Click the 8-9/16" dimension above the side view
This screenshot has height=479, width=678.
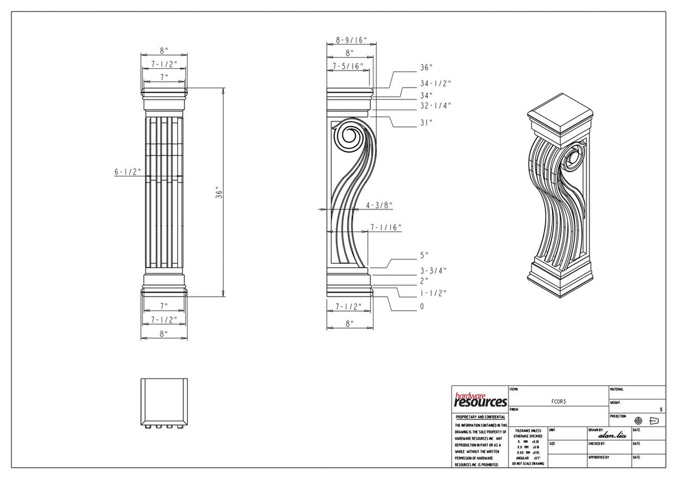point(351,40)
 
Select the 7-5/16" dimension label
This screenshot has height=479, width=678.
point(347,66)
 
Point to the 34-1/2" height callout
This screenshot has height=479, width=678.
point(435,83)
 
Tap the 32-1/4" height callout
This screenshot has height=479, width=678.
point(435,106)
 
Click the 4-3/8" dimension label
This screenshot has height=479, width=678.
point(379,205)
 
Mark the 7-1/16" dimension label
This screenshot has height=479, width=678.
point(385,228)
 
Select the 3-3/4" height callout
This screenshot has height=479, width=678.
point(433,270)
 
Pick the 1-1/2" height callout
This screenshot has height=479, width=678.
point(433,293)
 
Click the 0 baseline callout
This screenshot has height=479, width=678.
point(421,307)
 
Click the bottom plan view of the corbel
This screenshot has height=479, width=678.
point(163,401)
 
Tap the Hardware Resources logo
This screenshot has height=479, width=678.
point(480,400)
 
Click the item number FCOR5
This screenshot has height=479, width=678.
point(558,400)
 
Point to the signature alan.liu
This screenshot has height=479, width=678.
point(611,435)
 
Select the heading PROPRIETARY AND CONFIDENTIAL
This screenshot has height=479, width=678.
point(481,417)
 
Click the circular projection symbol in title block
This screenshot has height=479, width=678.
point(638,421)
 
